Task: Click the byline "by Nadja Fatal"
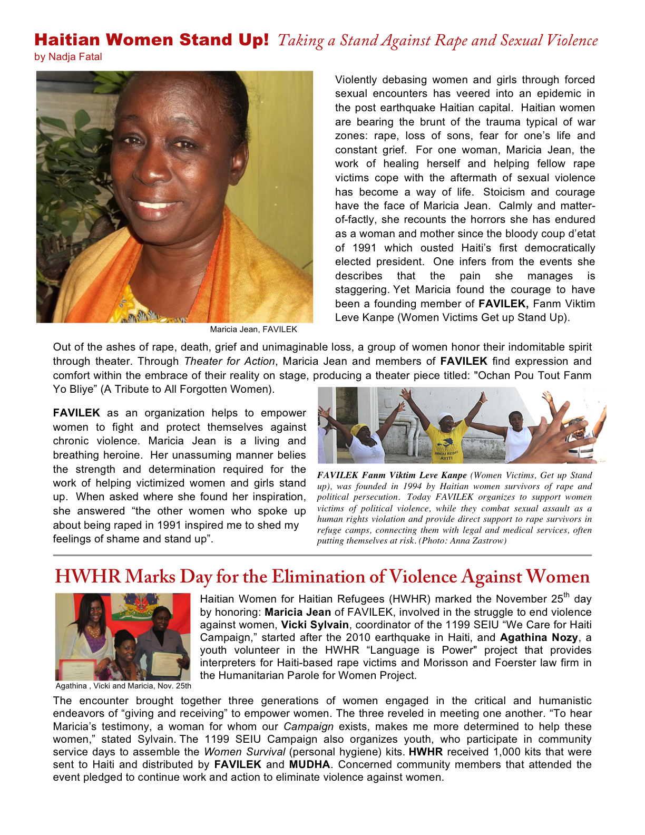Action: point(68,57)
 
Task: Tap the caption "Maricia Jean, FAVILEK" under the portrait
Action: point(253,329)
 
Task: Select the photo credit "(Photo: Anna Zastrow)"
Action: point(463,541)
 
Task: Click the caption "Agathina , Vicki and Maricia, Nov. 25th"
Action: point(123,686)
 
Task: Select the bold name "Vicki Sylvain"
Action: point(315,625)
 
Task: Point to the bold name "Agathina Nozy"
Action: point(539,638)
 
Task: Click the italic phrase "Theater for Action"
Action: point(229,362)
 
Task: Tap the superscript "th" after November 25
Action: point(566,596)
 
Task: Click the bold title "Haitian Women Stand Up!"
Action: point(152,40)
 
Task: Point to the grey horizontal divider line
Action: point(322,555)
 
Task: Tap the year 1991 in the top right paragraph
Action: point(364,248)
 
